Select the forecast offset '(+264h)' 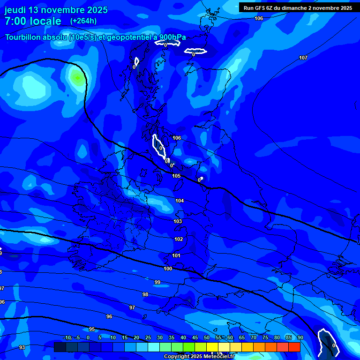tap(83, 21)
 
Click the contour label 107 tap(303, 58)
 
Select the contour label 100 tap(168, 269)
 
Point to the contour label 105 tap(176, 176)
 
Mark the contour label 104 tap(180, 201)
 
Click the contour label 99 tap(157, 282)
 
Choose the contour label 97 tap(132, 307)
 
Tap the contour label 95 tap(92, 329)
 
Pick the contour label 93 tap(22, 347)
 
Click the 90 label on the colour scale tap(300, 337)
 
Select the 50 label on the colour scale tap(207, 337)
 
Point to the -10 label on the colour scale tap(67, 337)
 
